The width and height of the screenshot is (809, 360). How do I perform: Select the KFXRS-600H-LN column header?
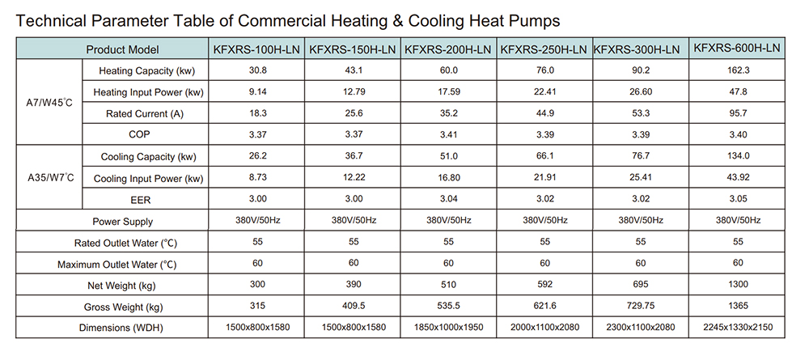pos(737,49)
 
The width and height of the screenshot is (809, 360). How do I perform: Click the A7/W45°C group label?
pos(50,103)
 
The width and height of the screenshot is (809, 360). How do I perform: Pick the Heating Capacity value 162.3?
pos(737,70)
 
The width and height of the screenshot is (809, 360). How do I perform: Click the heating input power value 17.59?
pos(449,92)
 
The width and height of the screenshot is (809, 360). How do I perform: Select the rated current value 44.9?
pos(544,114)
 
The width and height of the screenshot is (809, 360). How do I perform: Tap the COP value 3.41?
pos(449,135)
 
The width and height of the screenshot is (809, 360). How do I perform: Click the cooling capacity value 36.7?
pos(354,157)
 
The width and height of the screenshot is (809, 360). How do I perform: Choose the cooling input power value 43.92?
pos(737,178)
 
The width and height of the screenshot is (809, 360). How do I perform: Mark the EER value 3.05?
pos(737,200)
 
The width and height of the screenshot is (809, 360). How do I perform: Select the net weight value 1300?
pos(737,286)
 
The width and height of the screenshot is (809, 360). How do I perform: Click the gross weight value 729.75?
pos(641,307)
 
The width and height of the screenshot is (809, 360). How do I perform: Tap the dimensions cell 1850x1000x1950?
pos(449,328)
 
